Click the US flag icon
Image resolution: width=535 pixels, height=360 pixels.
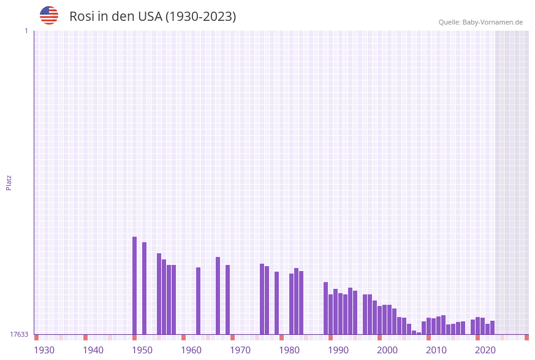pyautogui.click(x=49, y=15)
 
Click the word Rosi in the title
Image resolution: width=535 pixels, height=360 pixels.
pyautogui.click(x=82, y=17)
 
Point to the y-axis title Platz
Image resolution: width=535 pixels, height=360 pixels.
pyautogui.click(x=9, y=182)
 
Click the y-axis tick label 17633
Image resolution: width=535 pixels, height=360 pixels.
pyautogui.click(x=19, y=334)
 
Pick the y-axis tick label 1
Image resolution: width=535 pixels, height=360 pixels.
pyautogui.click(x=26, y=31)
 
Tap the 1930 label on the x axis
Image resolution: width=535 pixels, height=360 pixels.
pyautogui.click(x=44, y=350)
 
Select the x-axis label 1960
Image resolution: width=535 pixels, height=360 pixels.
pyautogui.click(x=191, y=350)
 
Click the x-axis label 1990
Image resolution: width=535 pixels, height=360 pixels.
pyautogui.click(x=338, y=350)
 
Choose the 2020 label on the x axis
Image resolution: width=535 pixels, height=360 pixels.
pyautogui.click(x=485, y=350)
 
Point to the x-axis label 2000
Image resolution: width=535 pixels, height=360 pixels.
pyautogui.click(x=387, y=350)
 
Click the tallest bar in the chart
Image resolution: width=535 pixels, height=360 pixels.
pyautogui.click(x=135, y=285)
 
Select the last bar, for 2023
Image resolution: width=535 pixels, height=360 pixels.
pyautogui.click(x=493, y=327)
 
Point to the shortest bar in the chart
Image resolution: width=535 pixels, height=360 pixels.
pyautogui.click(x=419, y=333)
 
